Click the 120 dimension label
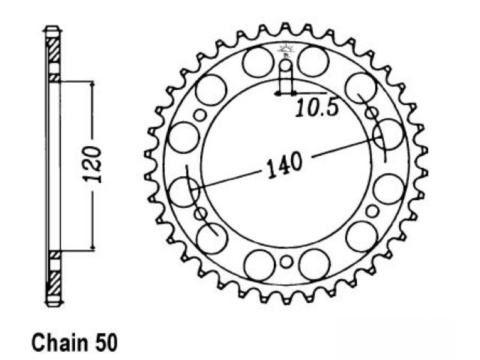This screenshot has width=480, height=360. tap(92, 165)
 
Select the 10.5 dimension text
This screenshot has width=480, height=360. tap(317, 108)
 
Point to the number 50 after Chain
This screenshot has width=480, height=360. tap(106, 343)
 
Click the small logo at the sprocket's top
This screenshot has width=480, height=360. tap(285, 50)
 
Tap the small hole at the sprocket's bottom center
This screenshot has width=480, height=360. tap(286, 262)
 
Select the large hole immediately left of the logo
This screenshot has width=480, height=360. tap(258, 61)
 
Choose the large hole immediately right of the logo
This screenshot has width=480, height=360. tap(313, 61)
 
